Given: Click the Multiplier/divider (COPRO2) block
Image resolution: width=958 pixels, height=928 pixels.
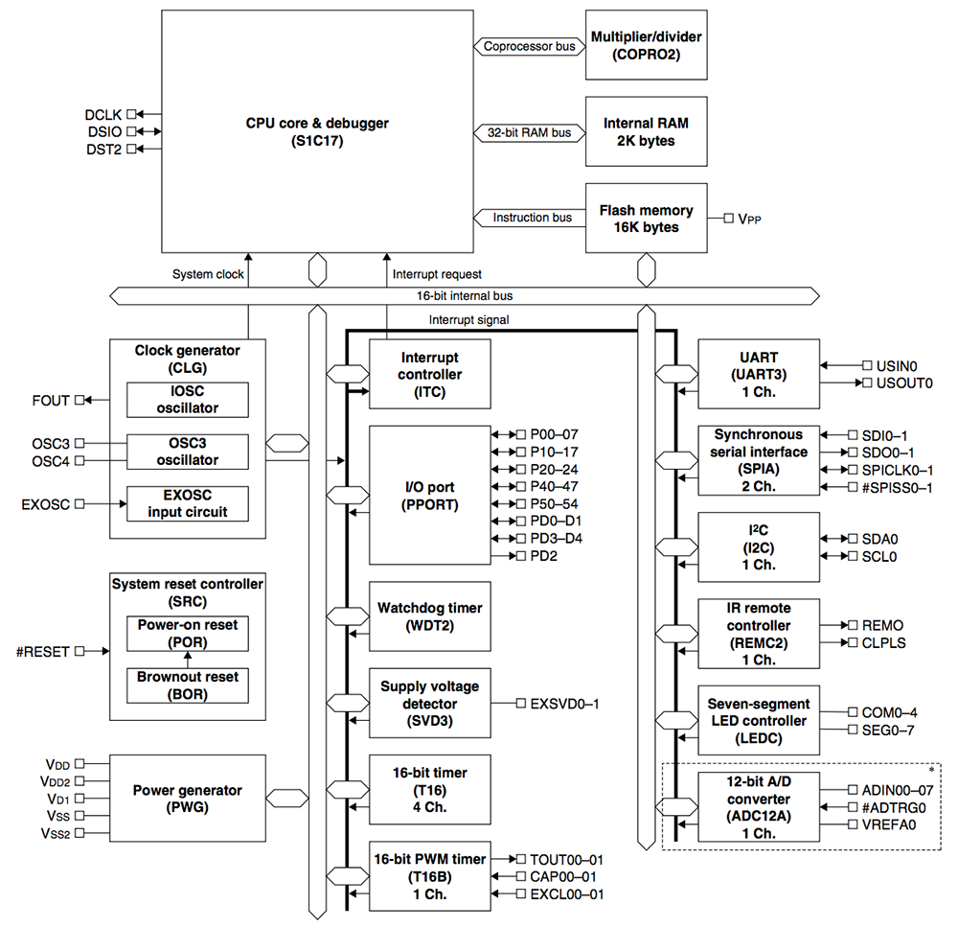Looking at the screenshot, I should point(646,45).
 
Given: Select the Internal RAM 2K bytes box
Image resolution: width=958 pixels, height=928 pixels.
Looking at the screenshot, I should point(646,132).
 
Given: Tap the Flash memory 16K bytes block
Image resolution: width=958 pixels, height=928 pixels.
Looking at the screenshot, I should point(646,219).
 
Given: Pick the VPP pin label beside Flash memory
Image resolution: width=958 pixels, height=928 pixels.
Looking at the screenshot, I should point(750,220).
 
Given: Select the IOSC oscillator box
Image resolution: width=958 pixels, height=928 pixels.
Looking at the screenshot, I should point(187,400).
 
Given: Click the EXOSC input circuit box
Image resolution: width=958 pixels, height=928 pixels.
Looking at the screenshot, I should point(187,503).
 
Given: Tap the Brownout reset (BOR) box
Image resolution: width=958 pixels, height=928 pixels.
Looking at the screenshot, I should point(187,684).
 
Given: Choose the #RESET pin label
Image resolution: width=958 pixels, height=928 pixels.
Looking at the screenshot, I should point(43,652).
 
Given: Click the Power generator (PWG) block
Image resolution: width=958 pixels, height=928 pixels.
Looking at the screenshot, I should point(187,799).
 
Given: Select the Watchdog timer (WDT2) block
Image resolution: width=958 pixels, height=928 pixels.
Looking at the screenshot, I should point(430,615).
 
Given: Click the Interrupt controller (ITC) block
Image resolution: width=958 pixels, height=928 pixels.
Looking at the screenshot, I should point(430,374).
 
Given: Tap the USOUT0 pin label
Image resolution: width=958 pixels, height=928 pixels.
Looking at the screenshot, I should point(897,383).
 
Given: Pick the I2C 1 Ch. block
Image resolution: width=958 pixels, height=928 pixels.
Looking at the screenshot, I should point(759,547).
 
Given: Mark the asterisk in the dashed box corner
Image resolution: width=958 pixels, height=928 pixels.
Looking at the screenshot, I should point(930,769).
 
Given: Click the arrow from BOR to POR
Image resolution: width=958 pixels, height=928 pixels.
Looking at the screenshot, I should point(188,659).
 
